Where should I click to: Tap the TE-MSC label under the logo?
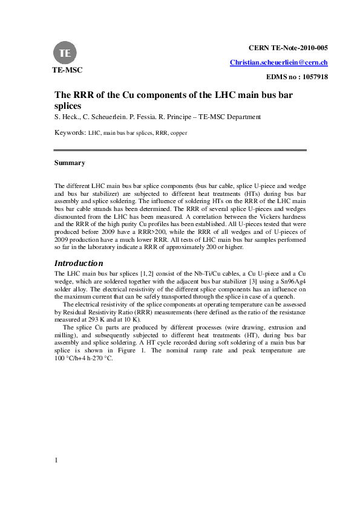coord(66,70)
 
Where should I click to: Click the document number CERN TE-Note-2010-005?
coord(288,47)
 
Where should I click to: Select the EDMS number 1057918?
coord(297,77)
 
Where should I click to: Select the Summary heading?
coord(70,163)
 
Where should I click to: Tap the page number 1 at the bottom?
coord(56,461)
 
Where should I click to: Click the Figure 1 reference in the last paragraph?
coord(134,350)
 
